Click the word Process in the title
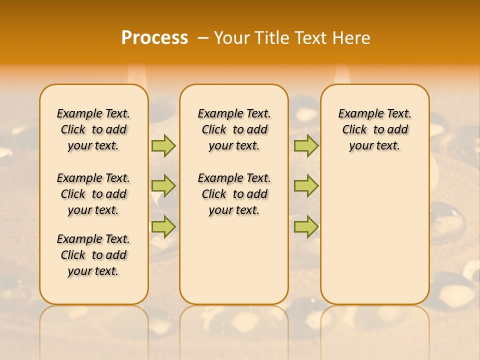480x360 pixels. click(154, 37)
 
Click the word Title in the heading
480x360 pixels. click(273, 37)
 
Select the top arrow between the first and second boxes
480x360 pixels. click(163, 145)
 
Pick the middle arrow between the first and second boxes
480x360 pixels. click(163, 186)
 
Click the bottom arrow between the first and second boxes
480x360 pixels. click(163, 226)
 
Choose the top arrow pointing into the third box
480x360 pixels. click(306, 145)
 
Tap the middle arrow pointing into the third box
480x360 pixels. click(306, 186)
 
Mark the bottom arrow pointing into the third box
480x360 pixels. click(306, 226)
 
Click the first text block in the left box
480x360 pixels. click(93, 129)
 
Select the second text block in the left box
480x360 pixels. click(93, 194)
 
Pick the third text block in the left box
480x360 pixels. click(93, 255)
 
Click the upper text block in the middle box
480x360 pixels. click(234, 129)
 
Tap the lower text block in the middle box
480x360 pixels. click(234, 194)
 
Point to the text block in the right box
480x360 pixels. click(374, 129)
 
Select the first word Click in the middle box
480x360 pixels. click(214, 130)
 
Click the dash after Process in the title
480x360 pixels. click(203, 37)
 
